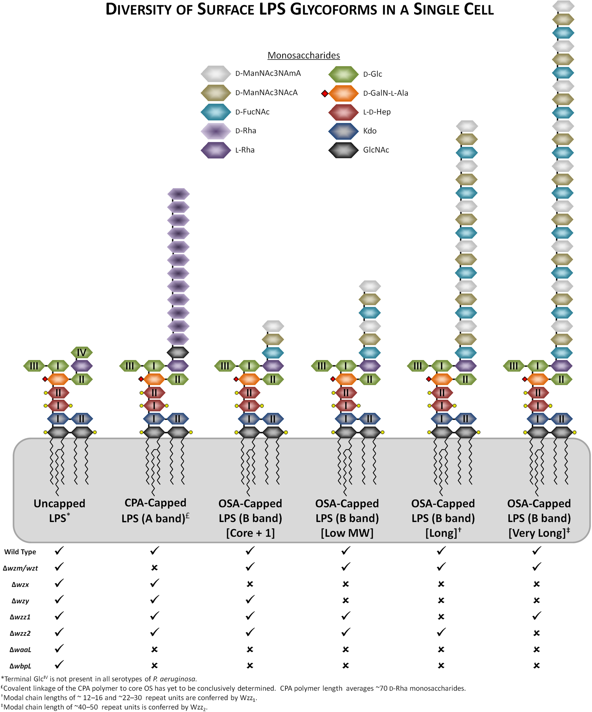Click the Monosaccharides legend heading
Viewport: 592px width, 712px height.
coord(304,55)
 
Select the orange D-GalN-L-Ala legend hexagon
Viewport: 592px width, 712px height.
coord(343,93)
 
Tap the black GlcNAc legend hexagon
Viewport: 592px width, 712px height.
coord(343,150)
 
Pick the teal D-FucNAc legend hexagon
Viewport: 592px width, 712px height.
coord(216,112)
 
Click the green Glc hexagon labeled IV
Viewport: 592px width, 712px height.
coord(81,353)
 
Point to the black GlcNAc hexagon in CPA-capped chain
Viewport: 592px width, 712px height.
coord(178,353)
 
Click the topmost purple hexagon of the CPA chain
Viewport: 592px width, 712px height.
coord(178,194)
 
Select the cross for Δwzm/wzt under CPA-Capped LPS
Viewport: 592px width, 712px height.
coord(154,568)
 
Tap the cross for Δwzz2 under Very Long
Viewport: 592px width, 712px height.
coord(536,633)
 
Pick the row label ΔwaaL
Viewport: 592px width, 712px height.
coord(20,650)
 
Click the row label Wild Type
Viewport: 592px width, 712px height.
coord(20,552)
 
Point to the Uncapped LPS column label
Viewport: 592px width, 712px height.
coord(59,511)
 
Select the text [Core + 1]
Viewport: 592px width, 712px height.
coord(250,533)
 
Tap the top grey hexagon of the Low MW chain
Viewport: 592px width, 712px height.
coord(370,286)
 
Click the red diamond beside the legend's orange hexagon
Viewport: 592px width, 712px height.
coord(325,93)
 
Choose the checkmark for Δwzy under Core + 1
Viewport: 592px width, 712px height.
coord(250,600)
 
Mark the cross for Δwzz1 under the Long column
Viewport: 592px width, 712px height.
coord(441,617)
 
